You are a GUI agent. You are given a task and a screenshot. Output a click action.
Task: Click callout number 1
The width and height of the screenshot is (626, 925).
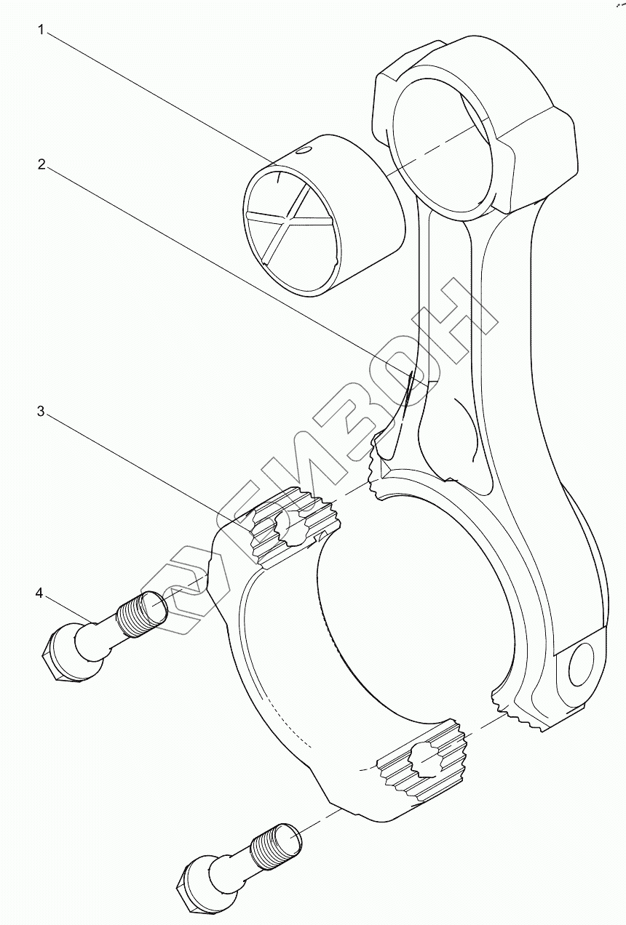click(x=42, y=30)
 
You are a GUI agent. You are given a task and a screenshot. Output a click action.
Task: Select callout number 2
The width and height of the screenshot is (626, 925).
click(x=42, y=164)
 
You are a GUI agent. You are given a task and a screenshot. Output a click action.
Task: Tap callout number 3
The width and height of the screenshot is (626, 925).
click(x=41, y=411)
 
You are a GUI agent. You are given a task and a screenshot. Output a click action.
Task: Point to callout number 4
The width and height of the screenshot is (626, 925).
click(x=39, y=593)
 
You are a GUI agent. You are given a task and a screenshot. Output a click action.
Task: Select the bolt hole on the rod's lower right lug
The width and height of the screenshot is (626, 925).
click(x=582, y=663)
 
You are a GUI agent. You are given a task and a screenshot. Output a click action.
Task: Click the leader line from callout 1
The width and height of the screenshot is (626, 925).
click(x=160, y=95)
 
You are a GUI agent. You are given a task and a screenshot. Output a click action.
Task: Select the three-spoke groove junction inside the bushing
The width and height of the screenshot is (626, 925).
click(x=290, y=216)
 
